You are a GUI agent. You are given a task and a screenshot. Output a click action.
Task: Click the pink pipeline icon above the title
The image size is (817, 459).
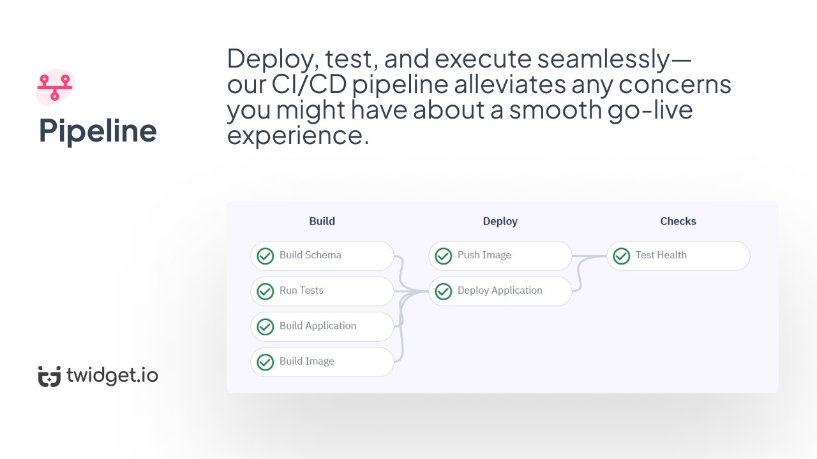(55, 87)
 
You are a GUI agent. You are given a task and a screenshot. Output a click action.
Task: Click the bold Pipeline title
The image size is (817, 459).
(98, 131)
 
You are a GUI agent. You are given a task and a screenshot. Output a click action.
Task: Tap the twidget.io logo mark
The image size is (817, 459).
(49, 376)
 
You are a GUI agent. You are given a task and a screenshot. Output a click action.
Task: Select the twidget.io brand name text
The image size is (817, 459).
(112, 375)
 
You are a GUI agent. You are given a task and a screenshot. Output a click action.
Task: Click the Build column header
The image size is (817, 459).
(322, 221)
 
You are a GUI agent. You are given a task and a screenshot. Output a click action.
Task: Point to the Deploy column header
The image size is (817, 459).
(500, 221)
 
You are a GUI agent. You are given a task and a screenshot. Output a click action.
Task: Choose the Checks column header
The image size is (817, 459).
(678, 221)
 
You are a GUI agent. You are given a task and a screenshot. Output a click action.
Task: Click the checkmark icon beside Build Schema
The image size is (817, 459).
(265, 256)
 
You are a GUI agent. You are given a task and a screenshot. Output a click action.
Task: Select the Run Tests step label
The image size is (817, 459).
(301, 291)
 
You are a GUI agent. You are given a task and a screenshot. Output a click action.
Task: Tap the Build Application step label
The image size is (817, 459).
(318, 326)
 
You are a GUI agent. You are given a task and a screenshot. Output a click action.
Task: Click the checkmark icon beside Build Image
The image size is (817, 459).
(265, 362)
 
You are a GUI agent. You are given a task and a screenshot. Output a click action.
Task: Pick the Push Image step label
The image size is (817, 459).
(484, 255)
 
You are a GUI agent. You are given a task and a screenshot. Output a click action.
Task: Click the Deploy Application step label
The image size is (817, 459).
(500, 291)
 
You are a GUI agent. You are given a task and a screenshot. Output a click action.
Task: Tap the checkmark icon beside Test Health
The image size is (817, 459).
(621, 256)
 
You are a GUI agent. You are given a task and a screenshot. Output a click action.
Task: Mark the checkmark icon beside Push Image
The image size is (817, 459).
(443, 256)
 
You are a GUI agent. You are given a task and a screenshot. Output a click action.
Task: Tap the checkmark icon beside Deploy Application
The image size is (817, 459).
(443, 291)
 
